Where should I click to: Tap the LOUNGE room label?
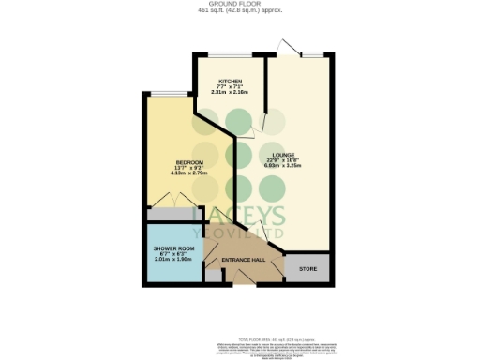(x=284, y=155)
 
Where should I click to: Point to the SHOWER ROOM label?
(x=172, y=248)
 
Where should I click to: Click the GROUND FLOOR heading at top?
(x=240, y=5)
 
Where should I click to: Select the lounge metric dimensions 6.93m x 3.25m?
(x=284, y=168)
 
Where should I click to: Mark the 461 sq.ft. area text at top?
(x=240, y=11)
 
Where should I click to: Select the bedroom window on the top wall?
(x=167, y=92)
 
